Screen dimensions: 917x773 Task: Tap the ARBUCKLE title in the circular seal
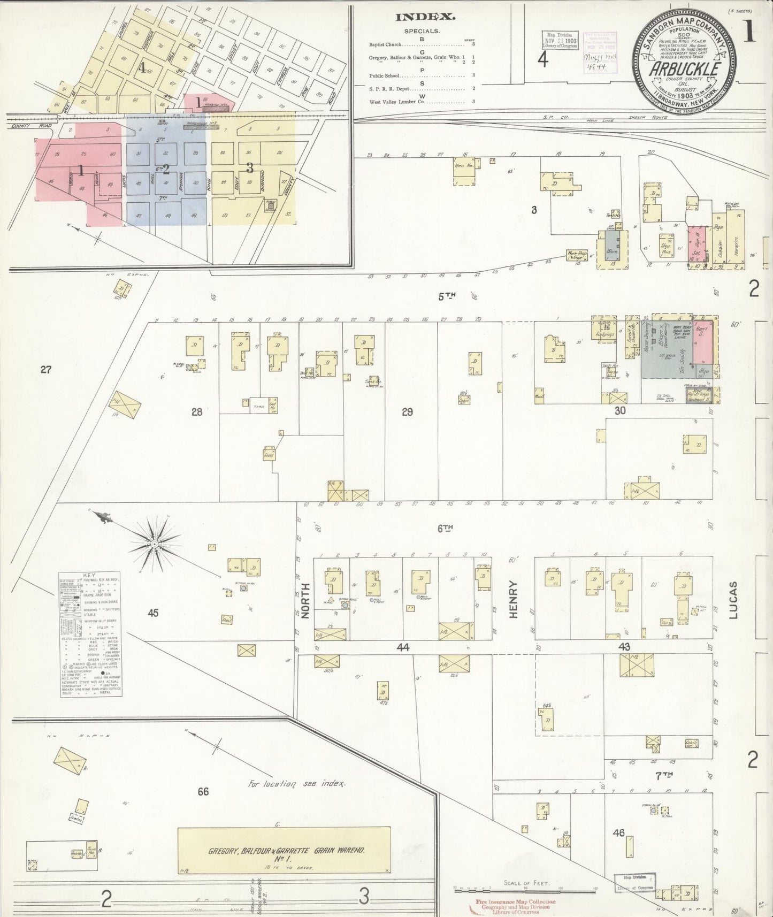685,70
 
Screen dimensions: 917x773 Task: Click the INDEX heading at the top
425,17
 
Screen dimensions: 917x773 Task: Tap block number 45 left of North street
153,613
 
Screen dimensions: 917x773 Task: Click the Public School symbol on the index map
270,205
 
